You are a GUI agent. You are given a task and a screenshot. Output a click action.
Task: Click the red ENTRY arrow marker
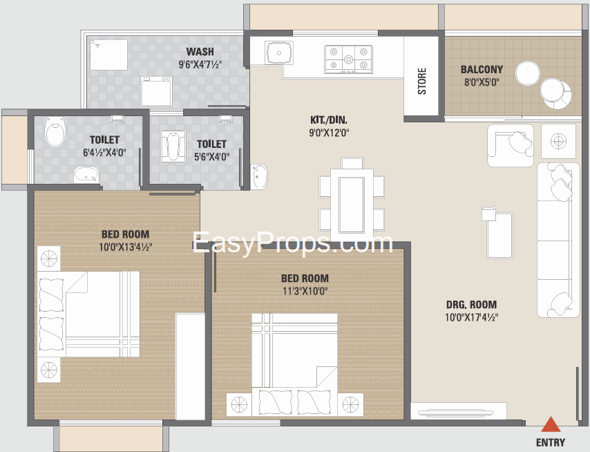click(x=551, y=424)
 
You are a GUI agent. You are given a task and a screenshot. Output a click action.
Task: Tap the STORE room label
click(x=422, y=82)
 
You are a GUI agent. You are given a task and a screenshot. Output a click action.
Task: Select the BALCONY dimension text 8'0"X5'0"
click(x=482, y=82)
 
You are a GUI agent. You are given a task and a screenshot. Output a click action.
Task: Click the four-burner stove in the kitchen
click(x=349, y=59)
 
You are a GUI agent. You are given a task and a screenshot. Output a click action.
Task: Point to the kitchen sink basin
click(x=279, y=53)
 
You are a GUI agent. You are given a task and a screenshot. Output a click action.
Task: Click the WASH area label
click(x=200, y=51)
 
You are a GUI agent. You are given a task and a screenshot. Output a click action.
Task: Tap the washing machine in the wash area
click(x=156, y=92)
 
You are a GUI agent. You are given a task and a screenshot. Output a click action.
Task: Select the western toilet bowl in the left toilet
click(x=55, y=132)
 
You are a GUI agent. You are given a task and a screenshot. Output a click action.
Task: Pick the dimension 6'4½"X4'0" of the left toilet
click(x=104, y=153)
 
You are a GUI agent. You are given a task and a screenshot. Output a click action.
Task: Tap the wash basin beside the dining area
click(x=259, y=176)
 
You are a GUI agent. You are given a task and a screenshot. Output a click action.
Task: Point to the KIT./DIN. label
click(x=329, y=120)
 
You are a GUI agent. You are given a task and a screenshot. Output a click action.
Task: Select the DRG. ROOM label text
click(x=471, y=305)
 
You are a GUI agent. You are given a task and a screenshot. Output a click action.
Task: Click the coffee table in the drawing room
click(x=500, y=235)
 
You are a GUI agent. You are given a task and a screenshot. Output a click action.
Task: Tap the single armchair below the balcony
click(x=511, y=145)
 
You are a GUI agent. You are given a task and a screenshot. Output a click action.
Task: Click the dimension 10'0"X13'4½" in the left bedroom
click(x=125, y=247)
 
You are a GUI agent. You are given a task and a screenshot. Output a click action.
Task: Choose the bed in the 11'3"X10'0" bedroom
click(x=294, y=364)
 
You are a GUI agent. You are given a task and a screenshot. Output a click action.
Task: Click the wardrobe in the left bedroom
click(x=190, y=366)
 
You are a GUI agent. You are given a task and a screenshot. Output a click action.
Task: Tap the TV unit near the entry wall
click(x=458, y=411)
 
